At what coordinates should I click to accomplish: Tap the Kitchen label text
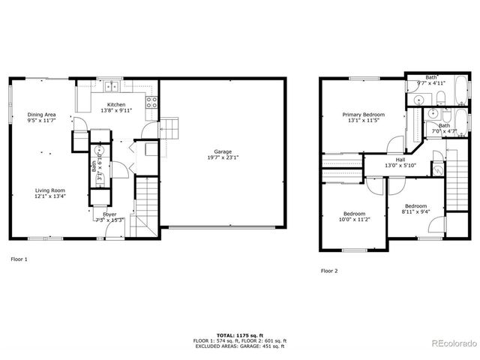point(115,104)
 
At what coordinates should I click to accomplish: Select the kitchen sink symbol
point(112,85)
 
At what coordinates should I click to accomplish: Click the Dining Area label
point(42,114)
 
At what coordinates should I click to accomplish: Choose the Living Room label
point(49,190)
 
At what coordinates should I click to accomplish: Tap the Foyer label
point(109,214)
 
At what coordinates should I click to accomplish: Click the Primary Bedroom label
point(362,115)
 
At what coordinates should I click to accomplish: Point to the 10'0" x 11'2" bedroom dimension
point(355,219)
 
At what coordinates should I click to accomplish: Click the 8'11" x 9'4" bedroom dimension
point(415,211)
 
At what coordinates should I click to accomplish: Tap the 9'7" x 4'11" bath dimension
point(431,82)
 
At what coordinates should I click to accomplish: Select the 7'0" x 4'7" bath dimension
point(445,131)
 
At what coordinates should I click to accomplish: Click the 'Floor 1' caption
point(19,259)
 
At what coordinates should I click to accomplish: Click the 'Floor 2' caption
point(328,270)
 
